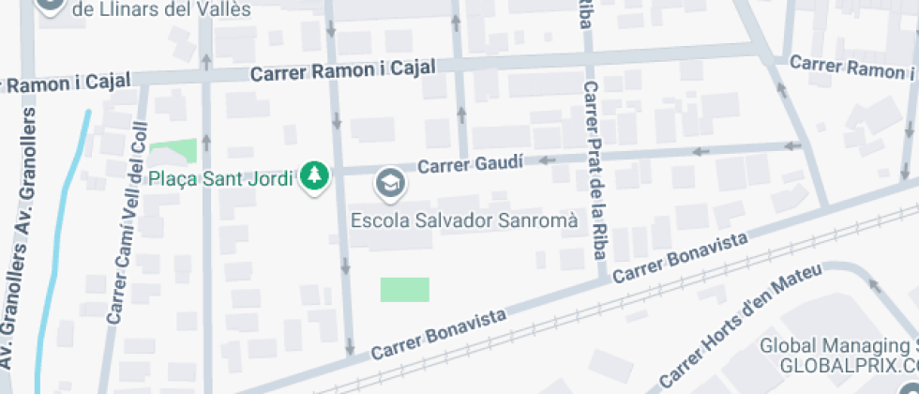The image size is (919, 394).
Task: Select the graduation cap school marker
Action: pyautogui.click(x=388, y=183)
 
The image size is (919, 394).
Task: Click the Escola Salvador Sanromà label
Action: pyautogui.click(x=463, y=220)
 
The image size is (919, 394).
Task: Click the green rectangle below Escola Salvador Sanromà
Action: pyautogui.click(x=404, y=289)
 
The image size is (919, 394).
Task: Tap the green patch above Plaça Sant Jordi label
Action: pyautogui.click(x=173, y=150)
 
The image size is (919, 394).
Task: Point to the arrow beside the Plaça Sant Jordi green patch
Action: pyautogui.click(x=206, y=142)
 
